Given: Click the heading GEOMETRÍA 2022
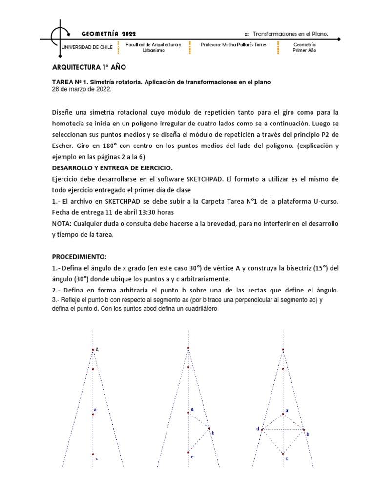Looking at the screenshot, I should pyautogui.click(x=108, y=34).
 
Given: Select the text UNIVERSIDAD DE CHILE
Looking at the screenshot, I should pyautogui.click(x=86, y=47).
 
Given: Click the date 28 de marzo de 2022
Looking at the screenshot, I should pyautogui.click(x=82, y=89).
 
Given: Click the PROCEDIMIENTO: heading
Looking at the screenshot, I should pyautogui.click(x=79, y=256).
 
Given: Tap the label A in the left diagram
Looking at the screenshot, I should pyautogui.click(x=97, y=349).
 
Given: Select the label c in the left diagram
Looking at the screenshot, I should pyautogui.click(x=97, y=458).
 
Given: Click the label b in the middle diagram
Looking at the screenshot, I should pyautogui.click(x=213, y=432).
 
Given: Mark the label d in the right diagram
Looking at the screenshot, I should pyautogui.click(x=257, y=429).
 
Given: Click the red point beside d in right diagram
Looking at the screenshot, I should pyautogui.click(x=262, y=430).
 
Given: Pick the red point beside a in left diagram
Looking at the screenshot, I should pyautogui.click(x=93, y=414).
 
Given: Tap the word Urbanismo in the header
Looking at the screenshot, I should pyautogui.click(x=153, y=51).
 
